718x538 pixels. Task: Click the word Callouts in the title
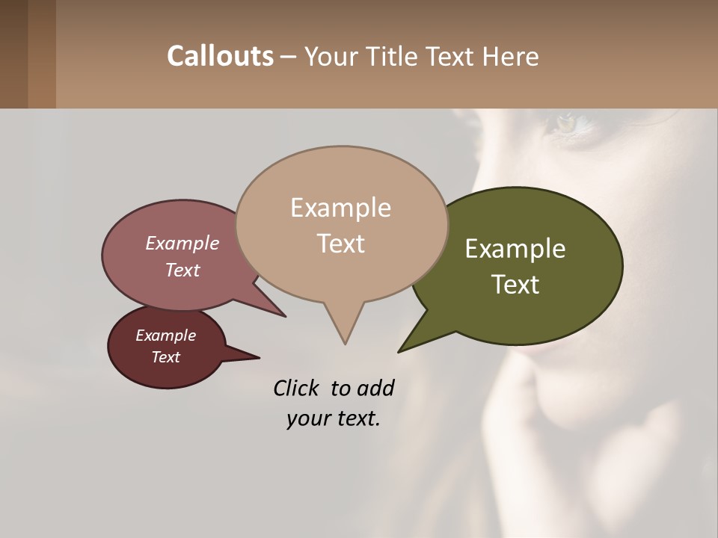220,56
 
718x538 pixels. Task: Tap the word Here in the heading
511,57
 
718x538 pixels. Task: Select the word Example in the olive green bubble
515,249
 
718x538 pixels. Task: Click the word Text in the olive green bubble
515,284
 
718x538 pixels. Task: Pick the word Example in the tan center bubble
340,208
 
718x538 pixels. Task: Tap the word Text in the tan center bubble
340,243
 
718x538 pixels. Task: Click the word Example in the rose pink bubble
182,243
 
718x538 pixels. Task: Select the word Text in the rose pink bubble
182,270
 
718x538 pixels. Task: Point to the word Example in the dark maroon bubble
165,336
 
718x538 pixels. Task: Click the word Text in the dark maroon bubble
165,357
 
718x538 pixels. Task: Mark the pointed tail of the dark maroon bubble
247,356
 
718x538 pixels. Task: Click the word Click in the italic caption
298,388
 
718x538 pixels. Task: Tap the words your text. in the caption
333,418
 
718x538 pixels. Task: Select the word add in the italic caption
375,388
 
